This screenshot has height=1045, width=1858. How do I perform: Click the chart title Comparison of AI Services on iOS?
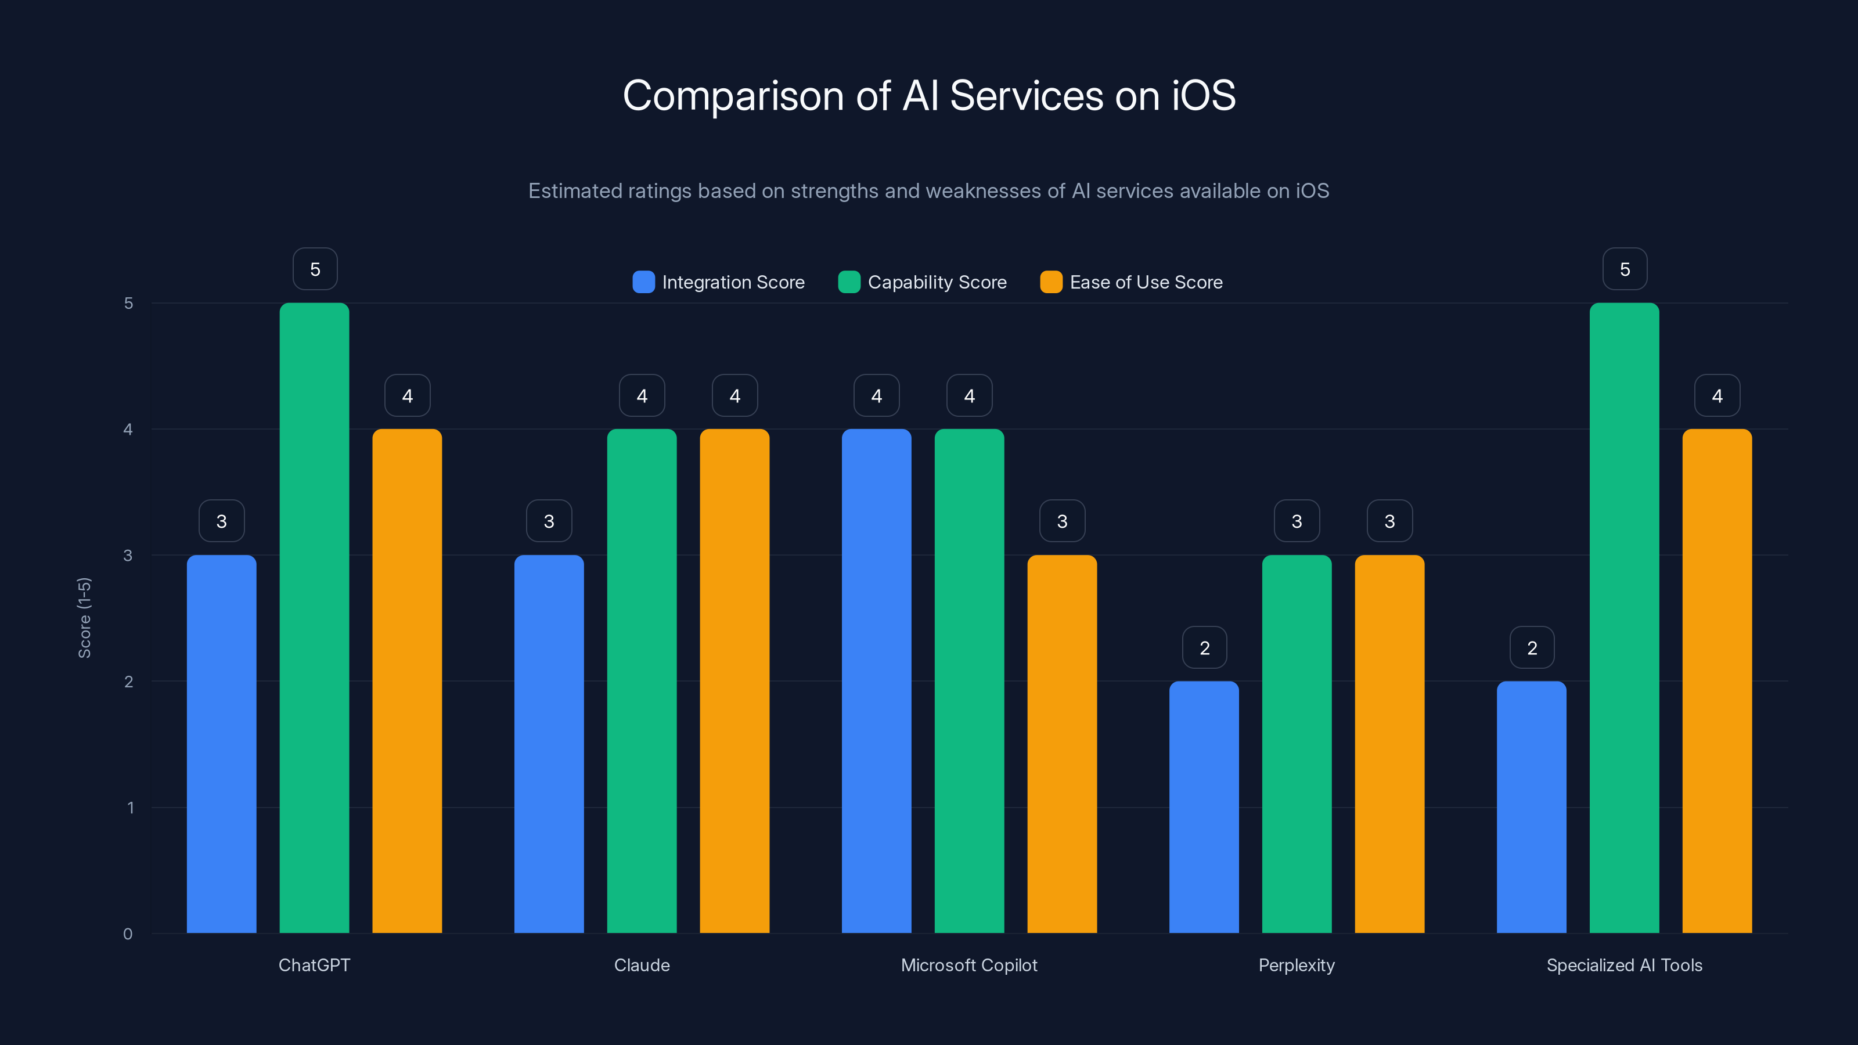tap(929, 96)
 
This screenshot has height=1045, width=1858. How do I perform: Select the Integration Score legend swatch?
tap(643, 282)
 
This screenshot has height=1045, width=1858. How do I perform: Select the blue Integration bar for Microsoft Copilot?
tap(876, 681)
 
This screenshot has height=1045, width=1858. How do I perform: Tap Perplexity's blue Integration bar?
tap(1204, 807)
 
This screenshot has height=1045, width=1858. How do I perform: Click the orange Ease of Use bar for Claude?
tap(734, 681)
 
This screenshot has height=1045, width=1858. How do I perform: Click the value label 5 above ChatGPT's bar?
tap(315, 269)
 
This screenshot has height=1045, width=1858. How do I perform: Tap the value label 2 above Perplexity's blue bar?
tap(1205, 648)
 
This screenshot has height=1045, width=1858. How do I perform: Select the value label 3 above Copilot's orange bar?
tap(1062, 521)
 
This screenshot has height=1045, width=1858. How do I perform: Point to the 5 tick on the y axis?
tap(128, 303)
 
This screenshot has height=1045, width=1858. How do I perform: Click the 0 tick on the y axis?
tap(128, 934)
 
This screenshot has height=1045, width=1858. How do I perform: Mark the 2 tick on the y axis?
tap(128, 682)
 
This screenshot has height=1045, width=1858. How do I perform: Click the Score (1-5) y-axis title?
tap(84, 618)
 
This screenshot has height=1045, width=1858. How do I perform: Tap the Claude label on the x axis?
tap(642, 965)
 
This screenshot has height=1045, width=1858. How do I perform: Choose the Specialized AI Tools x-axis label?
tap(1625, 965)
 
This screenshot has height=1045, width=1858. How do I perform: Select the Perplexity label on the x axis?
tap(1296, 965)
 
